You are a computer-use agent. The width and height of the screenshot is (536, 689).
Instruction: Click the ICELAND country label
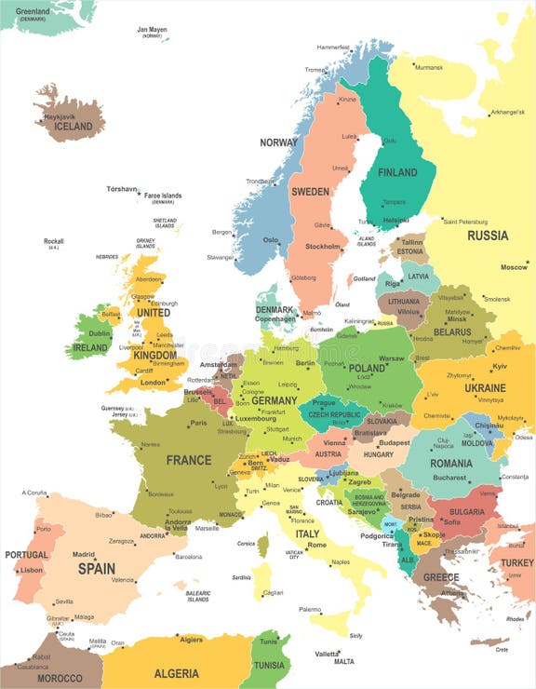pos(74,127)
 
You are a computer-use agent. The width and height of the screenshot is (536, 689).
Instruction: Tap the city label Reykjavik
pos(59,116)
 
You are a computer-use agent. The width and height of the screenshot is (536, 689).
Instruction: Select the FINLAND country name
pos(396,172)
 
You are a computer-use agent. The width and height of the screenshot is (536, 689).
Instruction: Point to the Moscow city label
pos(514,267)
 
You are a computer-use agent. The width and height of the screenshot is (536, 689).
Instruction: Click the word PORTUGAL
pos(26,555)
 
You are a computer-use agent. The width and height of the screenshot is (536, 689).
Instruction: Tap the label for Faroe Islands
pos(163,196)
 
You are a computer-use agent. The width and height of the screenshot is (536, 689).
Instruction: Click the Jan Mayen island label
pos(153,30)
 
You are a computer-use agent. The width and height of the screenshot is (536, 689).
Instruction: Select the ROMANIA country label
pos(451,463)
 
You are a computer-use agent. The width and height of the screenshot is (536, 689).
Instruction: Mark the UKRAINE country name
pos(485,387)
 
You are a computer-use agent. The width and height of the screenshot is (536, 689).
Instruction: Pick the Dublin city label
pos(100,333)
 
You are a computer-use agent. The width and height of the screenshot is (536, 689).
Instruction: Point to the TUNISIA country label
pos(269,665)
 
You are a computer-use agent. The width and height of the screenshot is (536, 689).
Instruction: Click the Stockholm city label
pos(323,247)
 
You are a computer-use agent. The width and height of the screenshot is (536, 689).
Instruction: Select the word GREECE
pos(441,577)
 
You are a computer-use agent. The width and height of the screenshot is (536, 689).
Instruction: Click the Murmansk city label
pos(429,67)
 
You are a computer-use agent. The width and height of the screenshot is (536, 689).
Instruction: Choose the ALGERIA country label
pos(177,673)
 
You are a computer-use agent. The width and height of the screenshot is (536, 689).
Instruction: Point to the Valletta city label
pos(327,654)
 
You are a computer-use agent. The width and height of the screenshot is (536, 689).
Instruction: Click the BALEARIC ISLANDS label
pos(197,596)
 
